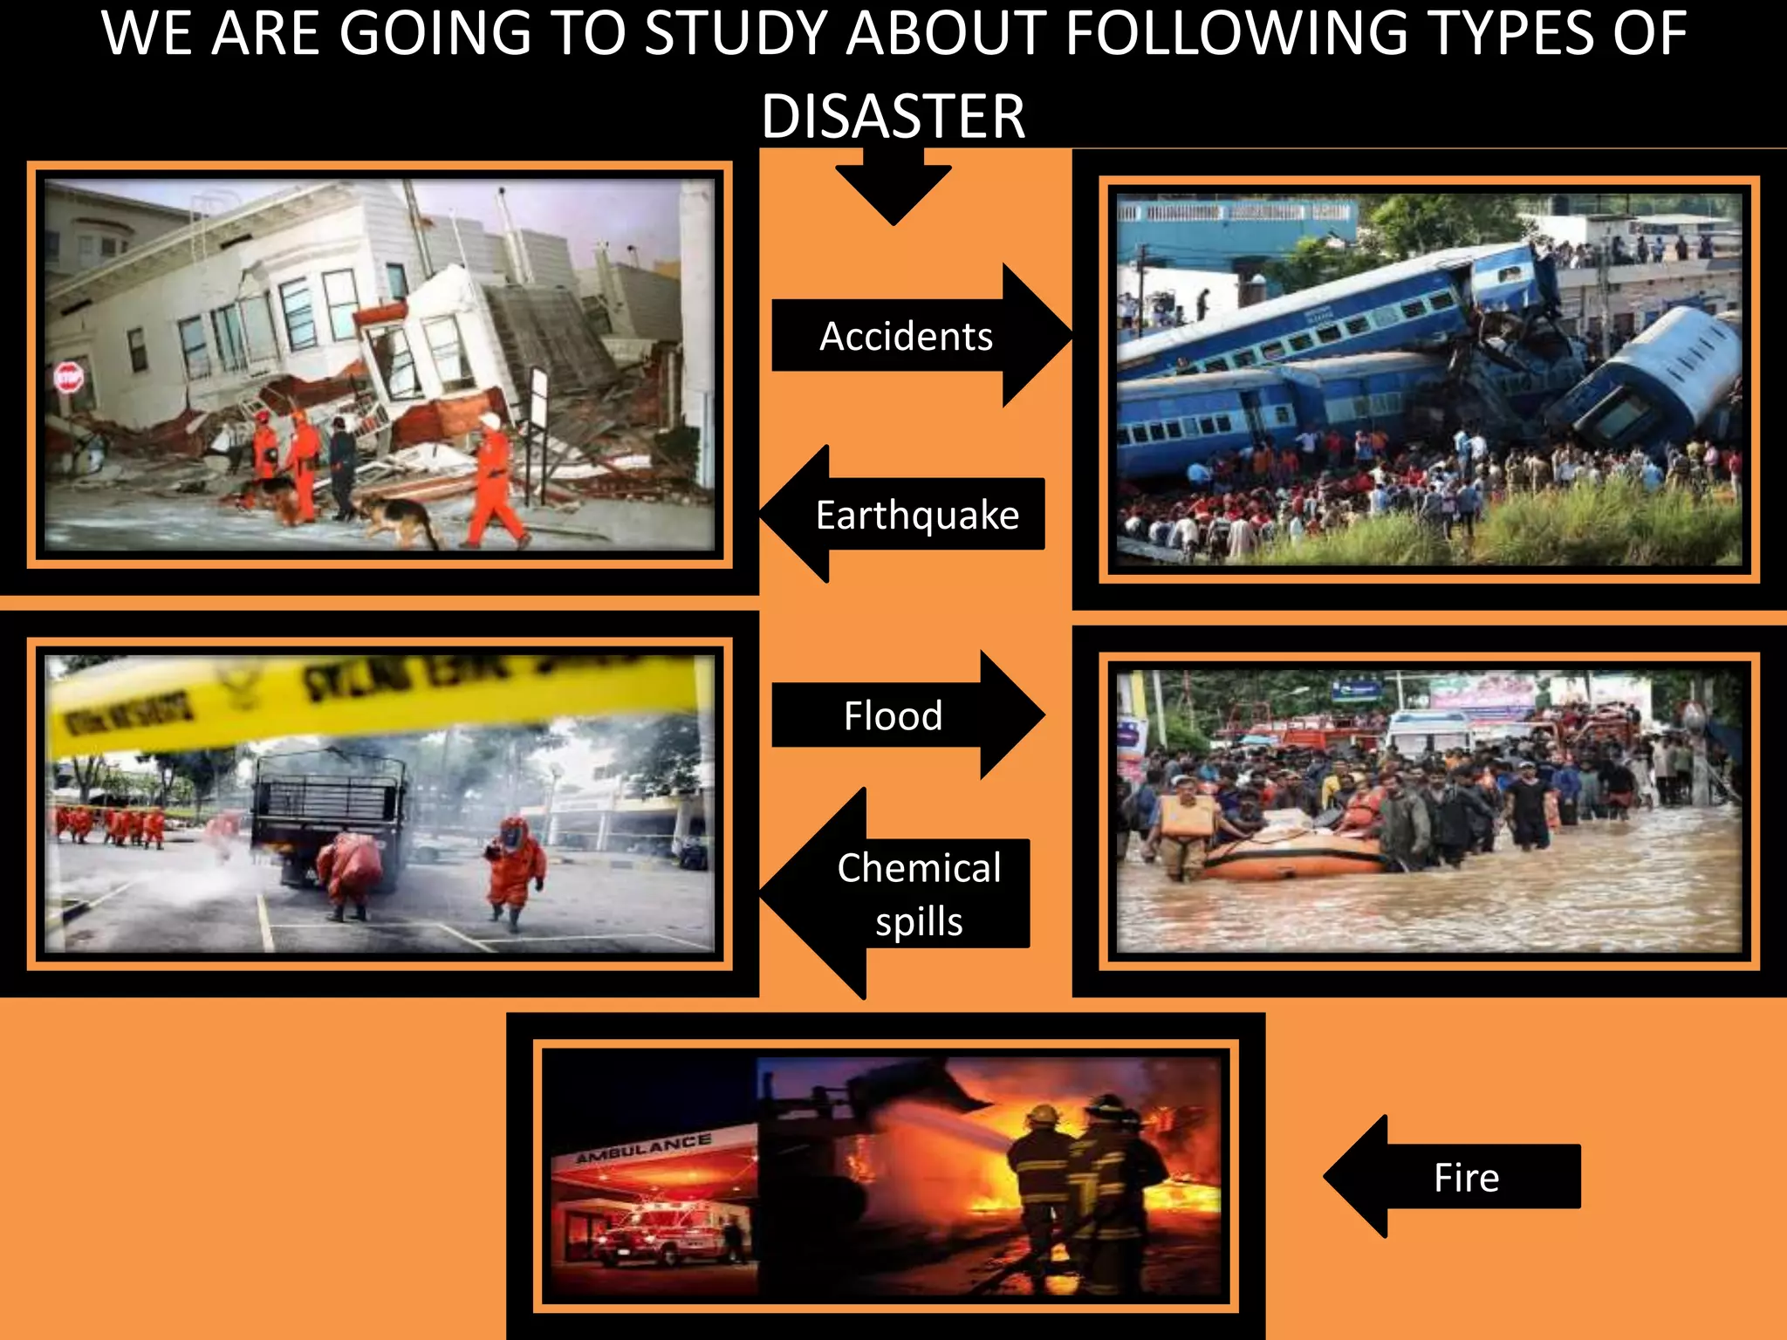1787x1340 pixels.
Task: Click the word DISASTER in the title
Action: click(x=893, y=116)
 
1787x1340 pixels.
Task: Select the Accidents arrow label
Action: click(x=906, y=337)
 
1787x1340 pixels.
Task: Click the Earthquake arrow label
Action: click(x=917, y=515)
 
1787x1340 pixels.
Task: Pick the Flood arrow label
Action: click(x=893, y=716)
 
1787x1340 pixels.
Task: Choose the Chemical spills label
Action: click(x=919, y=894)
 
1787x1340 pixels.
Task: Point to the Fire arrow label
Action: click(x=1466, y=1178)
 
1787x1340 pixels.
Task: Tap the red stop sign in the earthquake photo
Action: click(x=69, y=379)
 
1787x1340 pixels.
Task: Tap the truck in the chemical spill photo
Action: click(x=330, y=816)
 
